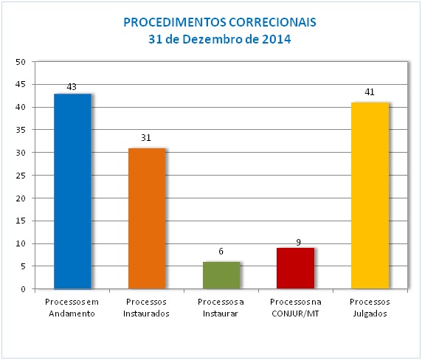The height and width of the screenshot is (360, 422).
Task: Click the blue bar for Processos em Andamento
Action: pyautogui.click(x=72, y=191)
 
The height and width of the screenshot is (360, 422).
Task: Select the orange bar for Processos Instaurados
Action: pyautogui.click(x=147, y=218)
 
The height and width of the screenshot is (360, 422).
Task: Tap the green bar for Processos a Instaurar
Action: pyautogui.click(x=221, y=275)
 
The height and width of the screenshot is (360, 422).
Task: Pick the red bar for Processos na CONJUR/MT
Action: pyautogui.click(x=295, y=269)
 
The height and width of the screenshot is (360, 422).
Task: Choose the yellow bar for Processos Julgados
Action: pyautogui.click(x=370, y=195)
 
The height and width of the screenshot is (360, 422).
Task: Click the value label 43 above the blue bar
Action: pyautogui.click(x=72, y=87)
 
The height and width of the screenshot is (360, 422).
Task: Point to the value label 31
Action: pyautogui.click(x=147, y=137)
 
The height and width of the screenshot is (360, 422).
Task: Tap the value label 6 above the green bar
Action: pyautogui.click(x=221, y=252)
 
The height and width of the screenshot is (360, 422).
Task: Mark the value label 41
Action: pyautogui.click(x=370, y=92)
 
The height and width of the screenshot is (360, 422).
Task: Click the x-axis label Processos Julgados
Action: pyautogui.click(x=370, y=307)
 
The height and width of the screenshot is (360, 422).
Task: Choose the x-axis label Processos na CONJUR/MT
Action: pyautogui.click(x=295, y=307)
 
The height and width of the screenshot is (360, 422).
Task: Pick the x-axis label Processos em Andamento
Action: pyautogui.click(x=72, y=307)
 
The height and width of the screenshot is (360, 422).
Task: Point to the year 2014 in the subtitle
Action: pyautogui.click(x=276, y=39)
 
